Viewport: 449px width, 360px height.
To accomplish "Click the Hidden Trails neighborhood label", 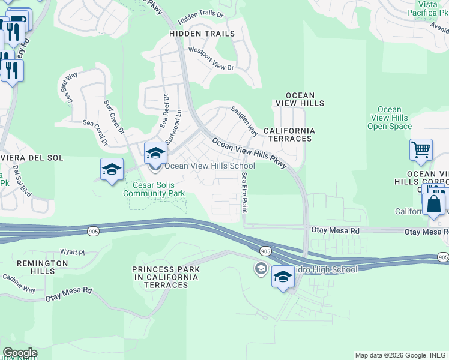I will [202, 34].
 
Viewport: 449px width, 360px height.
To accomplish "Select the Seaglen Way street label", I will [244, 121].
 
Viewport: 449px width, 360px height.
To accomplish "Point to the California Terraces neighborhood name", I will [289, 134].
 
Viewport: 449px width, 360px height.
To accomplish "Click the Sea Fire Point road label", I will [244, 192].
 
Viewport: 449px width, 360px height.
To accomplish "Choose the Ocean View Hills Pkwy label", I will [249, 154].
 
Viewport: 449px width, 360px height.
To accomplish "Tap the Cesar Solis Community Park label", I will [154, 189].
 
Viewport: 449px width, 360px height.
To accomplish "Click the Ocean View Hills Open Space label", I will [390, 118].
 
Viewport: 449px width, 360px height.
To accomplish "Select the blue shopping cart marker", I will [421, 151].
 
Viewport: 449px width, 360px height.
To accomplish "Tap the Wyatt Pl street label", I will [73, 253].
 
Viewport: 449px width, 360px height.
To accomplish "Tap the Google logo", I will [19, 353].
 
